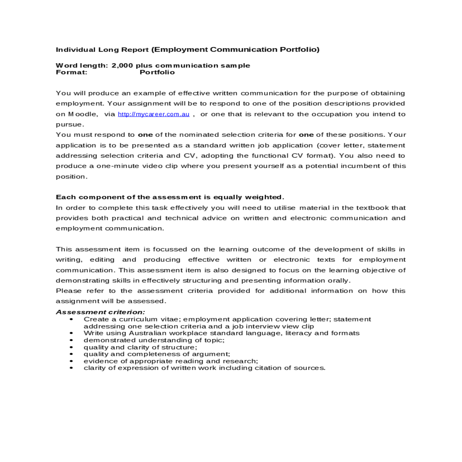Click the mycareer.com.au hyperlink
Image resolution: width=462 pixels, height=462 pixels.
[x=154, y=114]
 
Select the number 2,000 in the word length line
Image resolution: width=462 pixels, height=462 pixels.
[x=122, y=65]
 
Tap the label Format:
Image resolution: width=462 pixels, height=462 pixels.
[x=72, y=72]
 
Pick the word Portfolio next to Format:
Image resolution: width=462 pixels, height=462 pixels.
[x=157, y=72]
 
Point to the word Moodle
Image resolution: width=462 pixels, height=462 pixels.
[x=83, y=114]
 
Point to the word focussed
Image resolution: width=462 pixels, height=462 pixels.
[x=170, y=249]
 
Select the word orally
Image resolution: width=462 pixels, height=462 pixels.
[x=338, y=281]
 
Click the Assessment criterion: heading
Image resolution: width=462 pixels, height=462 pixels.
[x=100, y=312]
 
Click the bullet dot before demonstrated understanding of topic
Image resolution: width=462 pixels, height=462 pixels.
[x=72, y=340]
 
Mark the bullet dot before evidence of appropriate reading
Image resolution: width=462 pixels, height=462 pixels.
[x=72, y=361]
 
